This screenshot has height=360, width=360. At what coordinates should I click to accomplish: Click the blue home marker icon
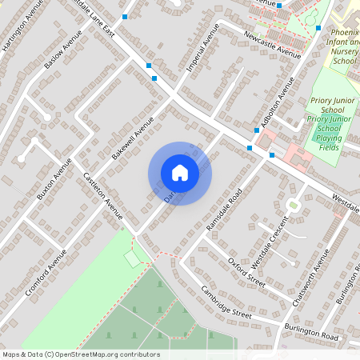180,173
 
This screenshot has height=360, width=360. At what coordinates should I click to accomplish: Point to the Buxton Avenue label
54,178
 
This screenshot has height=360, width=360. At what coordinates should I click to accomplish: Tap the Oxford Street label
246,270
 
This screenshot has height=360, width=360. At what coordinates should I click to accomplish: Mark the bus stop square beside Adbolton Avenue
250,148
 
